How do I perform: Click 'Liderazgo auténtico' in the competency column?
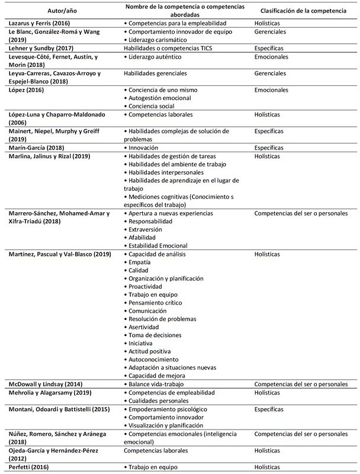[x=156, y=57]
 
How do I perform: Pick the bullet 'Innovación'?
[x=145, y=147]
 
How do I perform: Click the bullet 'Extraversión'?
[x=146, y=229]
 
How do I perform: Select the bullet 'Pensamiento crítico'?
[x=156, y=302]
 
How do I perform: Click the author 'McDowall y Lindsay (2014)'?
[x=45, y=384]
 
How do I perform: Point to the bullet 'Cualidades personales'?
[x=158, y=401]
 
